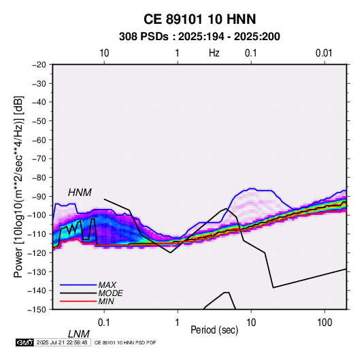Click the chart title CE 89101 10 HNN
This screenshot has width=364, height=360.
199,19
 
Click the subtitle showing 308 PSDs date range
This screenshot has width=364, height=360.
199,37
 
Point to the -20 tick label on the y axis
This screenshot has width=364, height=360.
39,65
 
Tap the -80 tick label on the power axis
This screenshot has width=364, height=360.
39,178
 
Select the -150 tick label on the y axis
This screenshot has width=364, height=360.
37,310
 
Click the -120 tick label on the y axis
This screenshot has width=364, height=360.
37,252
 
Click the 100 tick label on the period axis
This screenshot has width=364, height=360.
325,323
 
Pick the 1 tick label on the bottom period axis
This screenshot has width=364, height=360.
178,323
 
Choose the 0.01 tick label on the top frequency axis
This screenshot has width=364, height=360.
324,53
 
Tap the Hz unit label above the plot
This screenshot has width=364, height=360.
214,53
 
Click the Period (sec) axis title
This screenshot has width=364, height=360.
214,330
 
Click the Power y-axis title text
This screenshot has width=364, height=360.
18,186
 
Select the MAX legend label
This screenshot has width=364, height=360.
107,284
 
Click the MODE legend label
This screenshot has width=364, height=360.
110,293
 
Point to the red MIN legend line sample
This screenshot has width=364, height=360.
78,301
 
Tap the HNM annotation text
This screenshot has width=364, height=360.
80,193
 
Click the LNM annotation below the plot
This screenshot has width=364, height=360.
79,334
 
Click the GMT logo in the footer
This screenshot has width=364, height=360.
25,342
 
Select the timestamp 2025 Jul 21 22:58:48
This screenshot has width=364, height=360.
62,342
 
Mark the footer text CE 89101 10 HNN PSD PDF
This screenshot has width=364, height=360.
125,342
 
